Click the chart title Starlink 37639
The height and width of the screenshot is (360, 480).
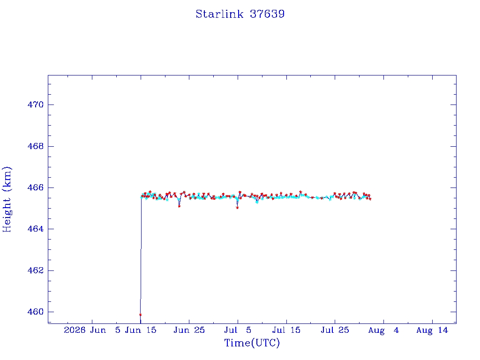click(240, 14)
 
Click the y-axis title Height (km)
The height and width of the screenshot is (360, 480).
click(7, 199)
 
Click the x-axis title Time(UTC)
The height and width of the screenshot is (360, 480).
click(252, 343)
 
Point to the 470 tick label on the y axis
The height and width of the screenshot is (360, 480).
click(36, 105)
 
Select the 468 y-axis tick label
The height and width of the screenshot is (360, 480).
click(36, 146)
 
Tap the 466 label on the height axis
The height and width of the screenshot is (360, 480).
click(36, 187)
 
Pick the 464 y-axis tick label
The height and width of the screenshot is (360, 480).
click(36, 229)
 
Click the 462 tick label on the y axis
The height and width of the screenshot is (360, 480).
click(36, 270)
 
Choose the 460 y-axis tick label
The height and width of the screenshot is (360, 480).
click(36, 312)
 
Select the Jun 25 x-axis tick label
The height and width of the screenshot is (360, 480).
click(189, 330)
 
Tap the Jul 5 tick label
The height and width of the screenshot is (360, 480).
click(238, 330)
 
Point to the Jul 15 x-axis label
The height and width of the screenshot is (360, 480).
click(286, 330)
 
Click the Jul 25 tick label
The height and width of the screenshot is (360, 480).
click(335, 330)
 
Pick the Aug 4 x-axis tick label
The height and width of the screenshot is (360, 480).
click(383, 330)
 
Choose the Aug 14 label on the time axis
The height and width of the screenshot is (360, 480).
click(432, 330)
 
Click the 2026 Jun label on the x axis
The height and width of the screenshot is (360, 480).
click(85, 330)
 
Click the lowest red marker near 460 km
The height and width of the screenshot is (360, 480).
click(141, 315)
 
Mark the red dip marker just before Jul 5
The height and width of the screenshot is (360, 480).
click(237, 208)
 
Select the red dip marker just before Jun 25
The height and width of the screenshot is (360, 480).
click(180, 206)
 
